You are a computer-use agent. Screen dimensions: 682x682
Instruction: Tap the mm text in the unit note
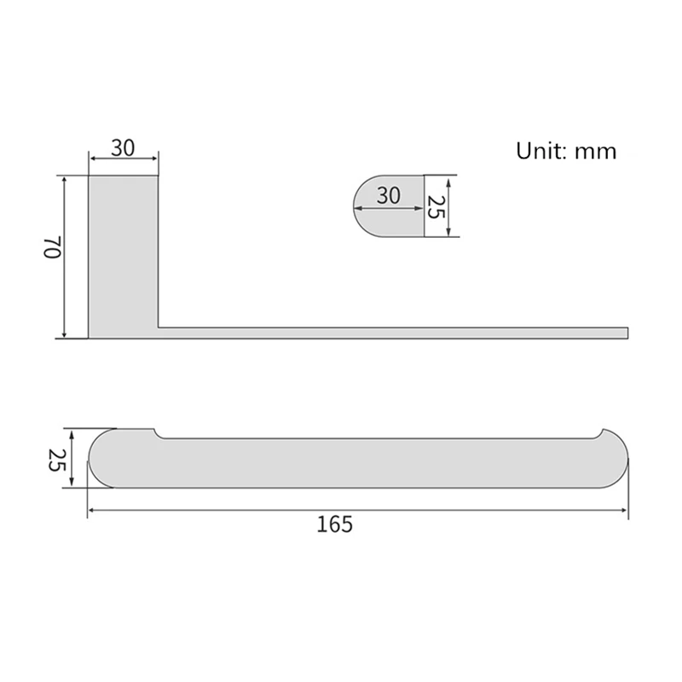pos(595,153)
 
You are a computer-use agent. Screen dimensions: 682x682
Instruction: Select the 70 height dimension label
pos(53,247)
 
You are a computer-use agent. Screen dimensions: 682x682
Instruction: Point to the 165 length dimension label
pos(334,524)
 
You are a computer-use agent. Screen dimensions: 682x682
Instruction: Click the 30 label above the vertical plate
pos(123,147)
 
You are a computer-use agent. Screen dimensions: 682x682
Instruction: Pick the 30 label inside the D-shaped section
pos(389,196)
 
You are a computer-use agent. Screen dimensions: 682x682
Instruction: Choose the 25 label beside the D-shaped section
pos(436,207)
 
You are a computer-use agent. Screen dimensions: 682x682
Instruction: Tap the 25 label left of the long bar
pos(56,460)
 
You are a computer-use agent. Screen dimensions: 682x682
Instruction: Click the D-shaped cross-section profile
pos(389,206)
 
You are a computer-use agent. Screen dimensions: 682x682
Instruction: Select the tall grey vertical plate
pos(123,257)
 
